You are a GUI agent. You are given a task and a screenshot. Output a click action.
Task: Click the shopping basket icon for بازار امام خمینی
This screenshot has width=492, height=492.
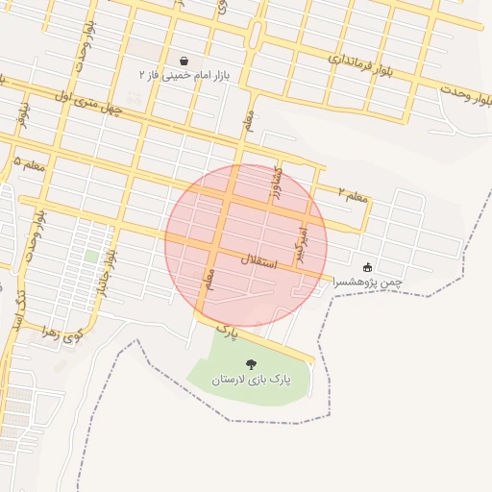184,61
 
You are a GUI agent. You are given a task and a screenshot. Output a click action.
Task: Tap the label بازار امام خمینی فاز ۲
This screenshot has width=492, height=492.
184,74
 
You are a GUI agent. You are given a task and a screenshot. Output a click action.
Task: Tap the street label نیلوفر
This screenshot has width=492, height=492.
22,114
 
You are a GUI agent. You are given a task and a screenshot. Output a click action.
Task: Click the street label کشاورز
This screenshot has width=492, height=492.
279,176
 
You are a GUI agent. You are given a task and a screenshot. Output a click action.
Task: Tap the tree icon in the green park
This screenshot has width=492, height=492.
251,364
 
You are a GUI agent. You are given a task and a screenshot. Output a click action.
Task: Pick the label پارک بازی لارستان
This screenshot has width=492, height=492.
251,380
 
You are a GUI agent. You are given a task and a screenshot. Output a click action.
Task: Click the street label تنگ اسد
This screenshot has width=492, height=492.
18,307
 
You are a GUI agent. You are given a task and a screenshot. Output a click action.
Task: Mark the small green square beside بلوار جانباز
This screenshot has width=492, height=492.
90,257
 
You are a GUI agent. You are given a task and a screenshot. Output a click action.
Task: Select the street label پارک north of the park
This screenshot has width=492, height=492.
227,332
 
